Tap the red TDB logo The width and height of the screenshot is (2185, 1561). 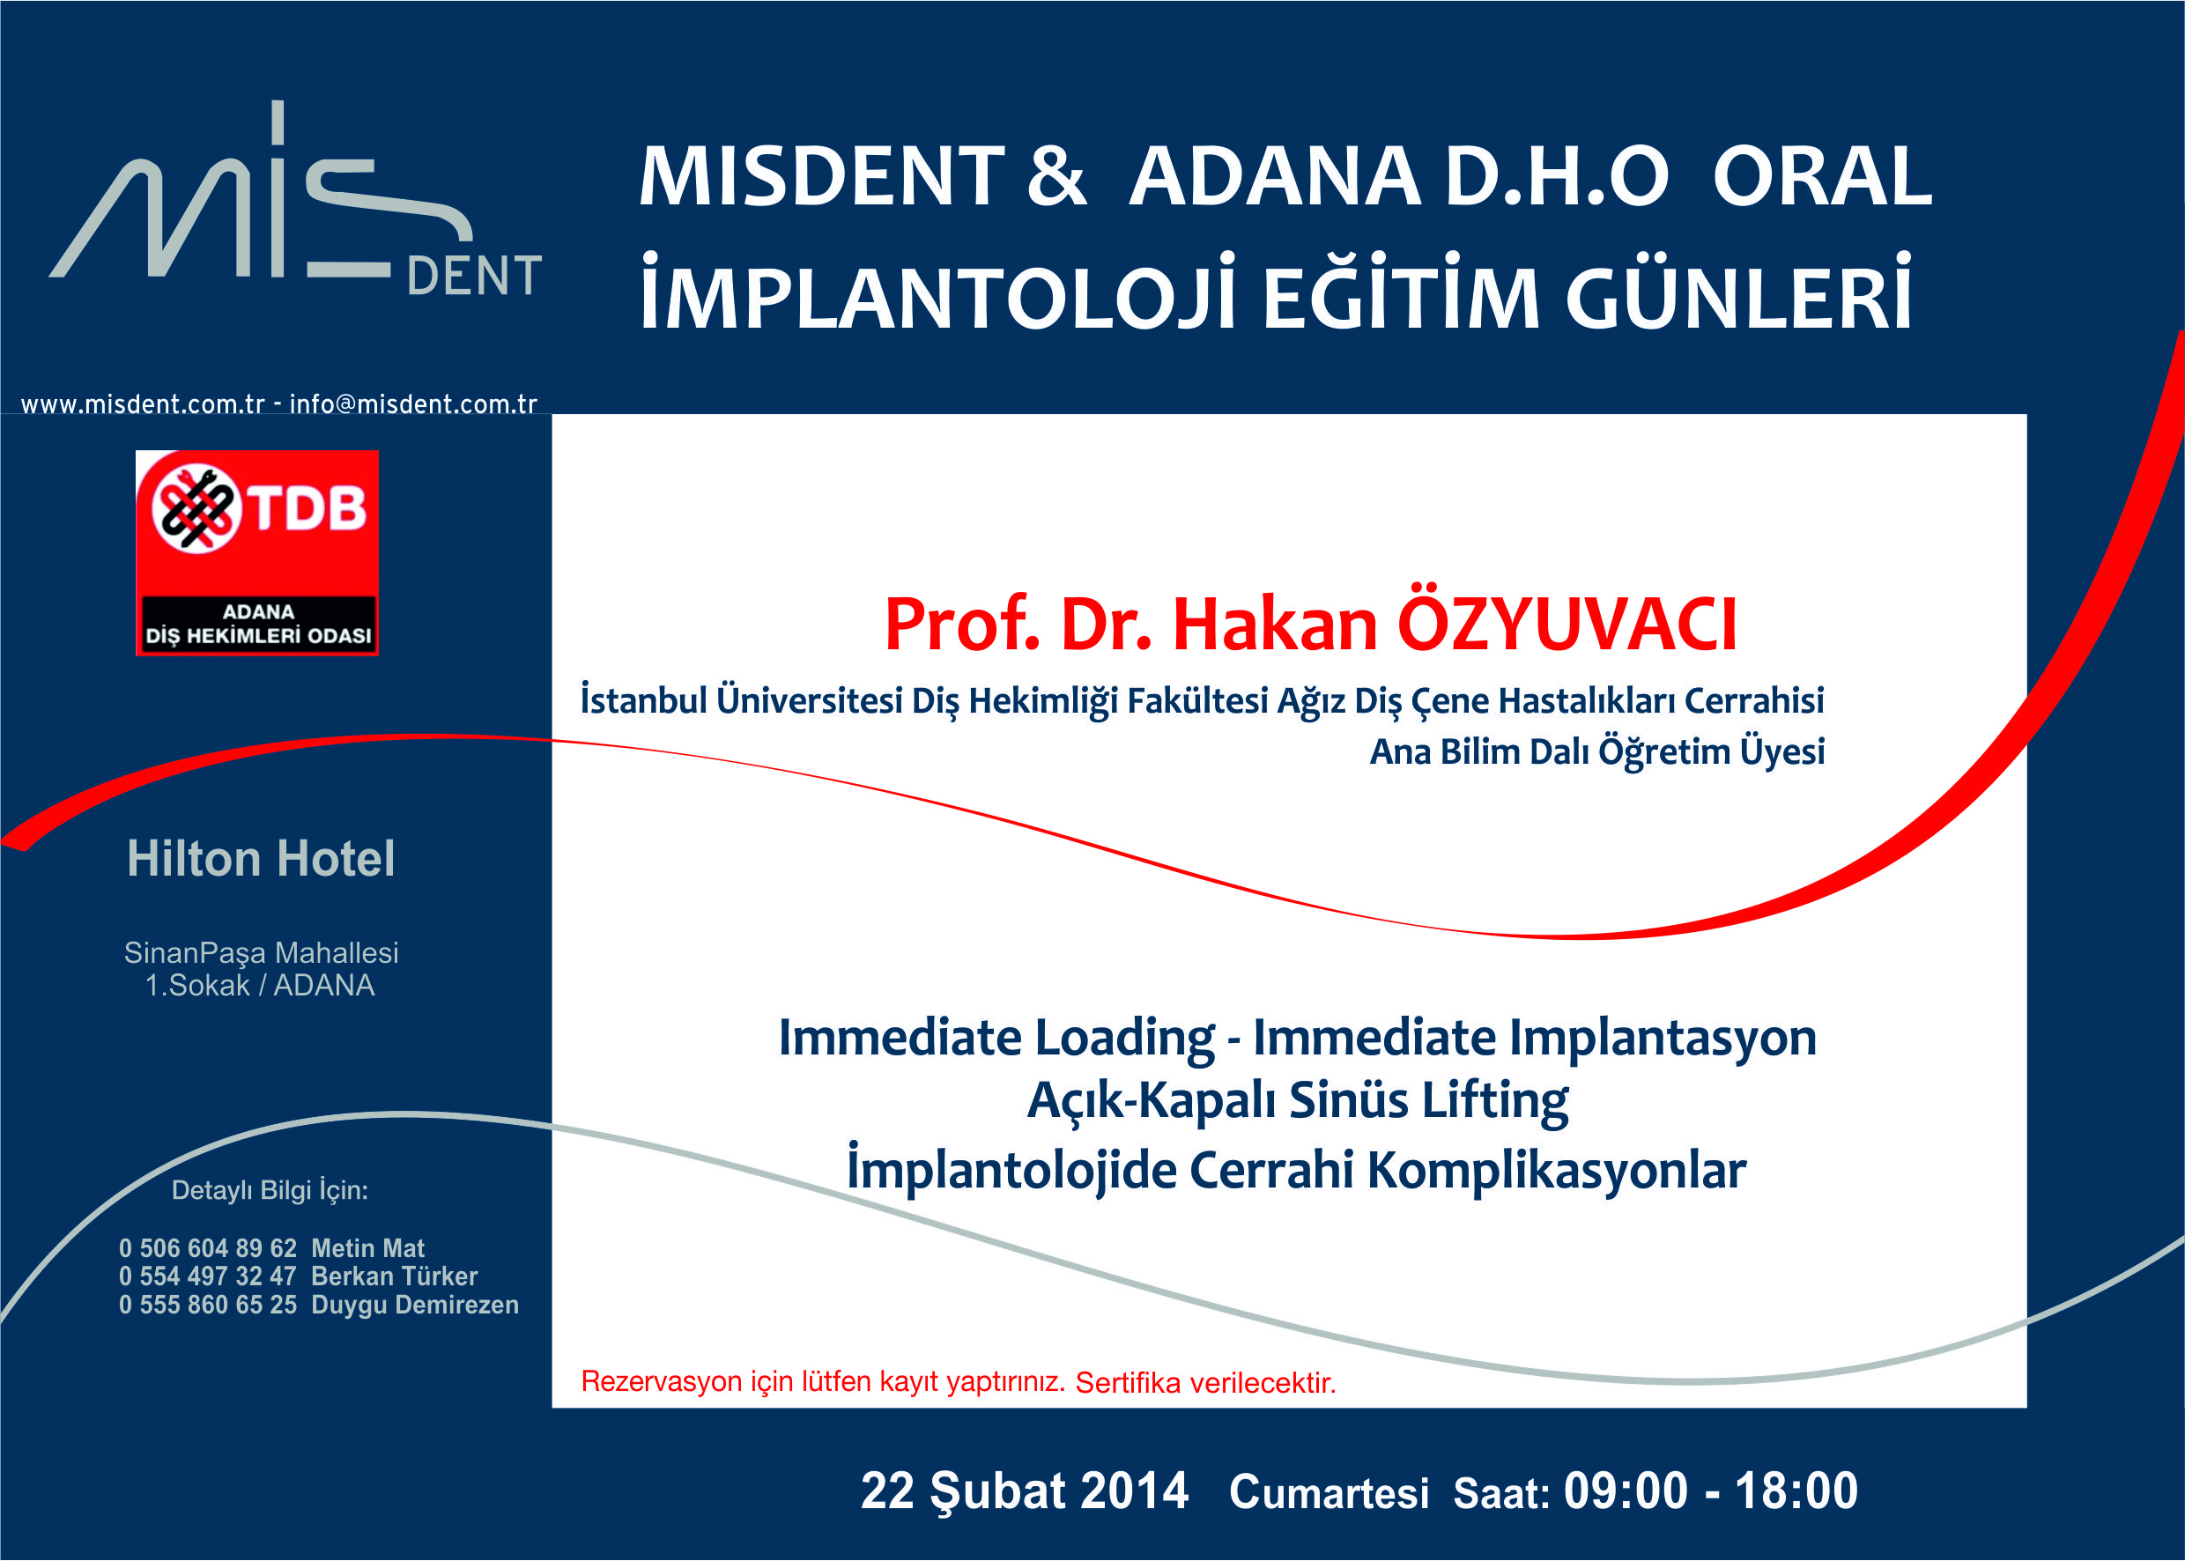coord(256,552)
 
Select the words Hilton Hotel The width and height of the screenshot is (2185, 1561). coord(261,858)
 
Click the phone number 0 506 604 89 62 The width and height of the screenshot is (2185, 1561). coord(208,1247)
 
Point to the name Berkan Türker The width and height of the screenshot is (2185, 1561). coord(394,1276)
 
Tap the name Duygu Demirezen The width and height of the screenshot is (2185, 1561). coord(415,1305)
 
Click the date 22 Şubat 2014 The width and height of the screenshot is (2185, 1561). coord(1024,1491)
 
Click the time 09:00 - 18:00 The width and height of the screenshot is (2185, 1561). coord(1711,1490)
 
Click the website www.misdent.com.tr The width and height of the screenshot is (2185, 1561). coord(142,404)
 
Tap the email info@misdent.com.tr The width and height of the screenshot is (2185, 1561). coord(413,404)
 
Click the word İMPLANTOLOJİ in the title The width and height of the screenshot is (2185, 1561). coord(937,292)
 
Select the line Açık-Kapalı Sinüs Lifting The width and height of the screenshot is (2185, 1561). coord(1298,1099)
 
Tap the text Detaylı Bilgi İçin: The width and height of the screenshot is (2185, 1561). coord(270,1190)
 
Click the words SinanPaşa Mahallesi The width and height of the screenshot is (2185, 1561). coord(262,952)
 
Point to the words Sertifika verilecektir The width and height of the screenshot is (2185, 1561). coord(1205,1382)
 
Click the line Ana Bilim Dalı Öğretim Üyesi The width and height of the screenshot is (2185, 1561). coord(1596,751)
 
